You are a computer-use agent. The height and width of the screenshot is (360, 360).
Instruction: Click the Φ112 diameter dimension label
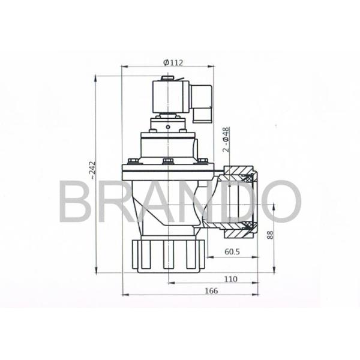point(173,62)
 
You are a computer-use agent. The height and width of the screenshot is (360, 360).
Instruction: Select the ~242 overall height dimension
point(92,170)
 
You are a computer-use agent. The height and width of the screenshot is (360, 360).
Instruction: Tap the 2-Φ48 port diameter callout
point(226,139)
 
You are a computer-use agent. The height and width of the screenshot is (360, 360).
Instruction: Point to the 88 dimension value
point(271,235)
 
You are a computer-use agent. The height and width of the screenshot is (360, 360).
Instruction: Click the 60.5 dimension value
point(232,252)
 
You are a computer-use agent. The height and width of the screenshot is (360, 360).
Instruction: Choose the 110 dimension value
point(230,279)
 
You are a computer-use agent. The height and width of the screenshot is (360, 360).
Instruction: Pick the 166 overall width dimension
point(211,291)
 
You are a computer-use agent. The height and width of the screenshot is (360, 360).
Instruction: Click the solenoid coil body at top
point(170,96)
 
